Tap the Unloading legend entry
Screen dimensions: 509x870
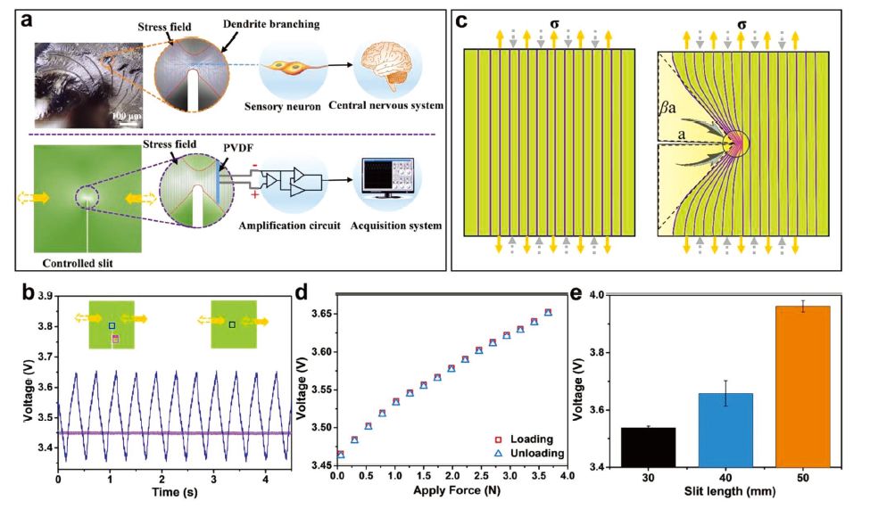(x=533, y=454)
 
